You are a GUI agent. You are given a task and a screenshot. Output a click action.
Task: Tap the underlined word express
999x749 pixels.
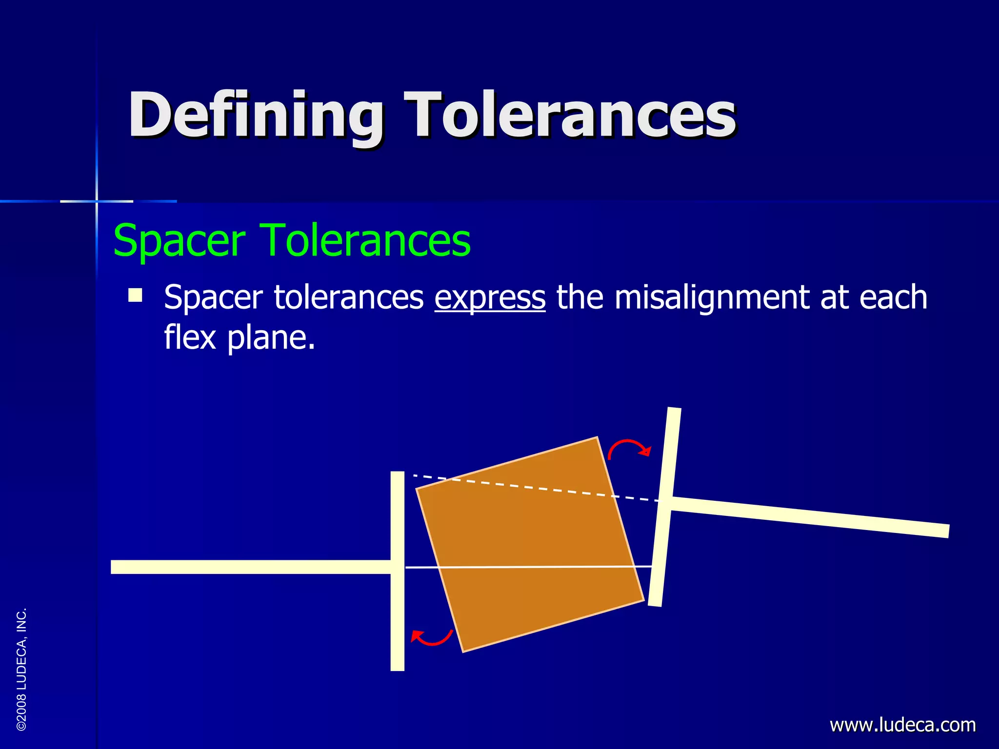coord(490,297)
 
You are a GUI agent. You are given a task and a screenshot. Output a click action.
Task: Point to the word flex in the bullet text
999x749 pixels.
coord(190,337)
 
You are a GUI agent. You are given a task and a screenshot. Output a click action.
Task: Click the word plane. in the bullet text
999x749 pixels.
coord(271,337)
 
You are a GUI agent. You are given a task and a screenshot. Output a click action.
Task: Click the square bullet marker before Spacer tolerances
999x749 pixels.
coord(135,296)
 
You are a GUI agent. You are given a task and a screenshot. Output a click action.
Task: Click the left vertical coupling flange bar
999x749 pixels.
coord(398,610)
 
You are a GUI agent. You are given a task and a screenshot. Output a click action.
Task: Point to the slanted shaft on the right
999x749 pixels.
coord(810,517)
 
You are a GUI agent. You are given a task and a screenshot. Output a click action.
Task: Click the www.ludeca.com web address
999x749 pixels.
coord(902,725)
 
